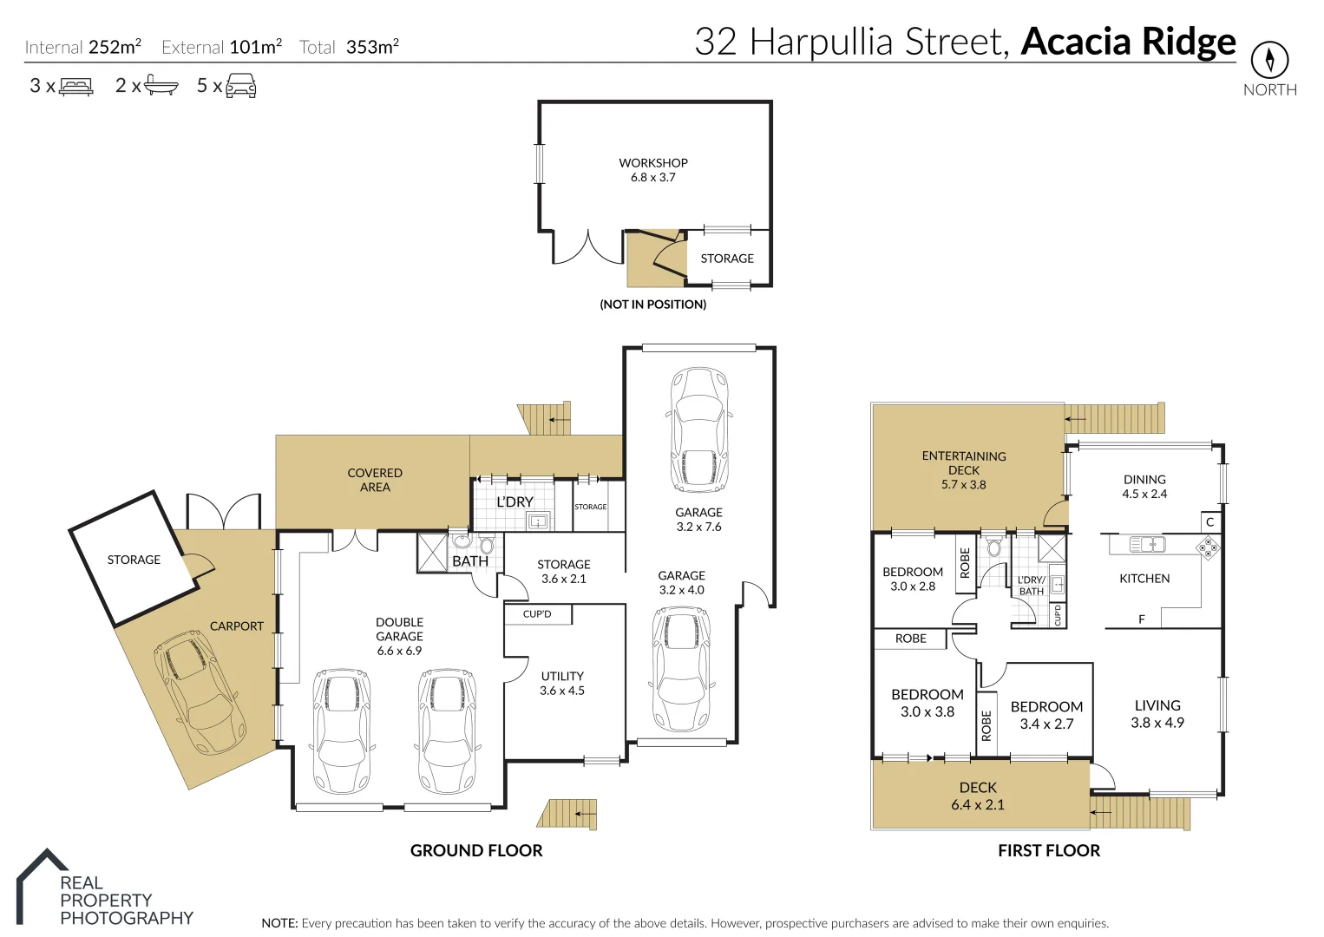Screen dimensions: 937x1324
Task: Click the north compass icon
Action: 1269,60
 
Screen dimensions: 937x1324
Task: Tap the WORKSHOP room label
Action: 652,169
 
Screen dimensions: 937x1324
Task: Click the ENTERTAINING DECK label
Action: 963,469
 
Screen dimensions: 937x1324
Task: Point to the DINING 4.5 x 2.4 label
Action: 1144,486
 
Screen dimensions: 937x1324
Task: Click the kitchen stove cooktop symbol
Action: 1208,547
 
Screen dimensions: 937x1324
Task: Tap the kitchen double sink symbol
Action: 1147,545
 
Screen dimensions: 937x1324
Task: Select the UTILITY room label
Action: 562,683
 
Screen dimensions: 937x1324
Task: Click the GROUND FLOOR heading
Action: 476,850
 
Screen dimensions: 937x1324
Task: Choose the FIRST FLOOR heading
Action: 1048,850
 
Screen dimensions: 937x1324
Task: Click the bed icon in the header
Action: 76,86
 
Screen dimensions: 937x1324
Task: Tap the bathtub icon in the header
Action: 161,85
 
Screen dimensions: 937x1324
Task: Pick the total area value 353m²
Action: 372,47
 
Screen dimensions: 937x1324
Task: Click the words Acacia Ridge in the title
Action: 1128,42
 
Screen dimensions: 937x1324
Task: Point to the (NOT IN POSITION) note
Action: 652,305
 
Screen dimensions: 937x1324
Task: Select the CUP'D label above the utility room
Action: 537,614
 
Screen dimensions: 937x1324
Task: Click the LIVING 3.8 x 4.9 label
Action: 1157,713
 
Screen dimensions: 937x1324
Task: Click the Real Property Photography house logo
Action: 42,885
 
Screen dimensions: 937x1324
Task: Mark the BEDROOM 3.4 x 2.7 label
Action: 1046,715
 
